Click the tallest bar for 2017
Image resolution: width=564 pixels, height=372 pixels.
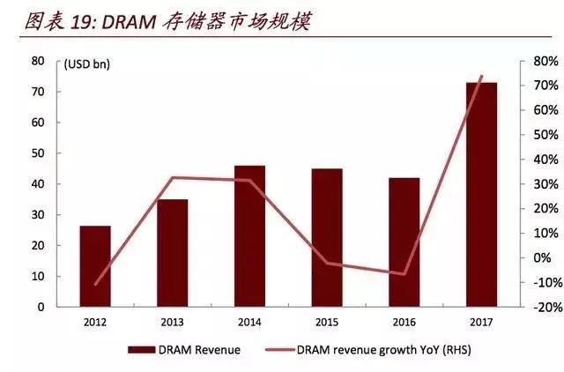[x=481, y=195]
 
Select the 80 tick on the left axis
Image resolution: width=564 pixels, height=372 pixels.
[x=37, y=61]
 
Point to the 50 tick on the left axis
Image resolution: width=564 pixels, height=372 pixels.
[x=37, y=153]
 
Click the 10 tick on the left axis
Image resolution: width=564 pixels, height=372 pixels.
[x=37, y=277]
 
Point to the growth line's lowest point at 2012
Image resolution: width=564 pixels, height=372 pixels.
[x=95, y=285]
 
